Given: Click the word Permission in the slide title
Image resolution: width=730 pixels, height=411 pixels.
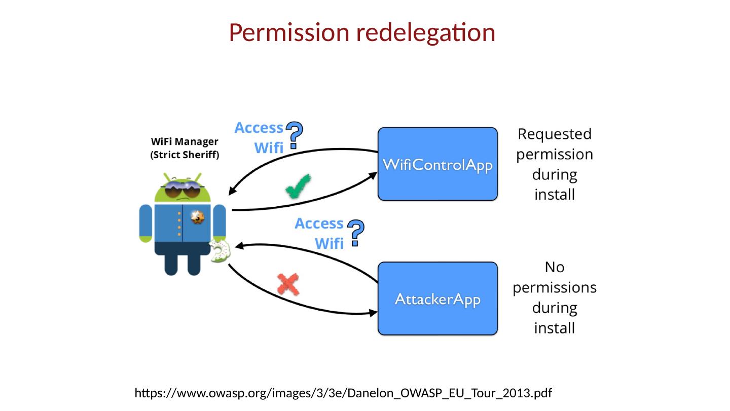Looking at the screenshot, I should click(288, 33).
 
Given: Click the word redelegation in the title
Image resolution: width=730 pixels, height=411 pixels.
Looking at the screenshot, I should click(425, 33).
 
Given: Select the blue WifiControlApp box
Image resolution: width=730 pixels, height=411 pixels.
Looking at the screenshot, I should click(437, 164).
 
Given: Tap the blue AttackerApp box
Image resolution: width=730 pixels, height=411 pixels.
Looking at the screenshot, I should click(437, 298).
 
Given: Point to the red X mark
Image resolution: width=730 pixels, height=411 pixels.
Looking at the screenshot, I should click(288, 284).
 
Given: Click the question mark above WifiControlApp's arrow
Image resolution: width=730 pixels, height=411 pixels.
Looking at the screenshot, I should click(296, 134).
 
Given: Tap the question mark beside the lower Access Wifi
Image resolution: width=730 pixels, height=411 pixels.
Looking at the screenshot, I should click(357, 233).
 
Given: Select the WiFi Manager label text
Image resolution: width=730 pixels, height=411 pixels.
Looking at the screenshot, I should click(185, 142).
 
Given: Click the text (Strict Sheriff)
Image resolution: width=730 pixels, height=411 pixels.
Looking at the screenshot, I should click(185, 156).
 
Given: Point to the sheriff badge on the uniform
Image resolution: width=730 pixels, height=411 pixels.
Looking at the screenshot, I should click(197, 218).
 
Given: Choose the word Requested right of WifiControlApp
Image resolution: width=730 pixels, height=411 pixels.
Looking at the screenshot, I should click(554, 135).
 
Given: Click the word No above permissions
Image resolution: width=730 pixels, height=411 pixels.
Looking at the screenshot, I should click(554, 267).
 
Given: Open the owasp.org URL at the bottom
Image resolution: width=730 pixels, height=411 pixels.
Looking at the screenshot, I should click(343, 393).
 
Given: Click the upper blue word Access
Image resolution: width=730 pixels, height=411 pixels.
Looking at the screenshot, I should click(259, 128).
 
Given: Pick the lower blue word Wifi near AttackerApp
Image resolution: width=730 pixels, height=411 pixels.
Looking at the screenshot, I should click(329, 244).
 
